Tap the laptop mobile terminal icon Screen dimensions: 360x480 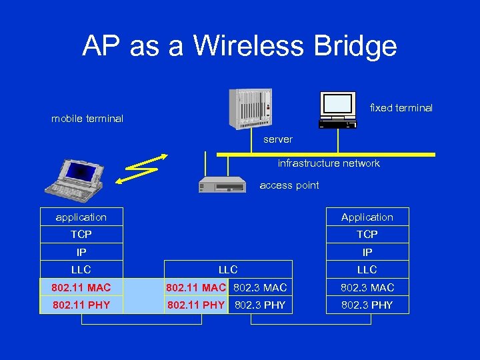[x=77, y=177]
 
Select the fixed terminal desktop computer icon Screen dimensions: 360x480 [x=338, y=108]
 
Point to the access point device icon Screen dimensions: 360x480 [x=222, y=184]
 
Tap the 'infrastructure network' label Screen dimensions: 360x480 [x=329, y=163]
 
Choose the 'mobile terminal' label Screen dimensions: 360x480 [x=87, y=119]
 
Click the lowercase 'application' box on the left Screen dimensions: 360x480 [x=81, y=217]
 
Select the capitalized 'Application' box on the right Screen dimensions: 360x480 [x=367, y=217]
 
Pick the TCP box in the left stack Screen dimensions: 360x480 [x=81, y=235]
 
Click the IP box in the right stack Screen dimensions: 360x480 [x=367, y=252]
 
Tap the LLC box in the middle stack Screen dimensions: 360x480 [x=228, y=269]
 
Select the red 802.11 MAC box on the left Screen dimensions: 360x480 [x=81, y=287]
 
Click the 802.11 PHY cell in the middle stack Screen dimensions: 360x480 [x=195, y=305]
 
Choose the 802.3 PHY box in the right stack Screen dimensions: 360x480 [x=367, y=305]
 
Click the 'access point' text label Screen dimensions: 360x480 [x=289, y=185]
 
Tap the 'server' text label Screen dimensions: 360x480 [x=278, y=139]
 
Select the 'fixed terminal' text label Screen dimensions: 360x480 [x=401, y=108]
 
